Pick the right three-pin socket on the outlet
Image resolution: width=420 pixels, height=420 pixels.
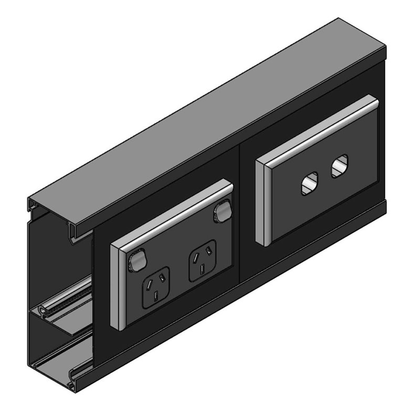202,260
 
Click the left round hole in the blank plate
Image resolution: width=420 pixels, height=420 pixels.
309,184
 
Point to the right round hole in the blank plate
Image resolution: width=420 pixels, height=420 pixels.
339,165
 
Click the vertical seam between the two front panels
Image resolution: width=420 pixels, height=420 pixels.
240,210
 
